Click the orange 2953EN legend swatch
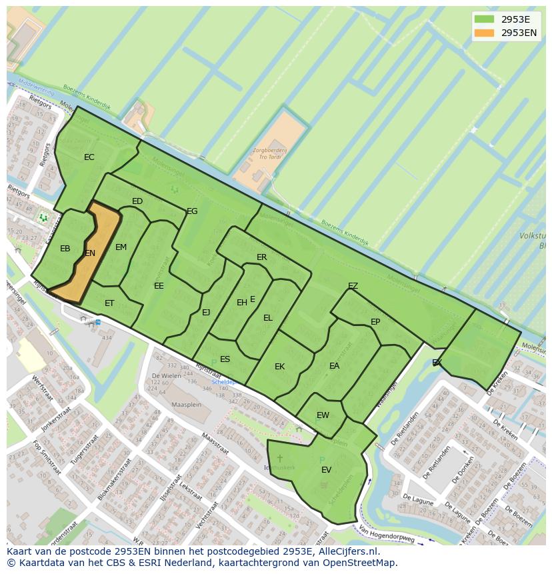[x=485, y=33]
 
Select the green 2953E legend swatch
[x=485, y=19]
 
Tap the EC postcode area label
[x=89, y=157]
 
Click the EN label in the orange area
[x=90, y=253]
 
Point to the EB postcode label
[x=65, y=249]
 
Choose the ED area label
[x=137, y=201]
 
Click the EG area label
[x=192, y=211]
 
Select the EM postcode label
[x=121, y=247]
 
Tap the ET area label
[x=109, y=303]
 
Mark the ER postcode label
[x=261, y=257]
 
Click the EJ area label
[x=206, y=313]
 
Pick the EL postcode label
[x=267, y=318]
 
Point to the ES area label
[x=225, y=359]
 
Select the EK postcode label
[x=279, y=367]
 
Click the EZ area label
[x=353, y=286]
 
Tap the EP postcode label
[x=375, y=322]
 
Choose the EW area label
[x=323, y=415]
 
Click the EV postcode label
[x=326, y=470]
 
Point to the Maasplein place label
[x=186, y=405]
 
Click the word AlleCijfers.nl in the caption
[x=347, y=551]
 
